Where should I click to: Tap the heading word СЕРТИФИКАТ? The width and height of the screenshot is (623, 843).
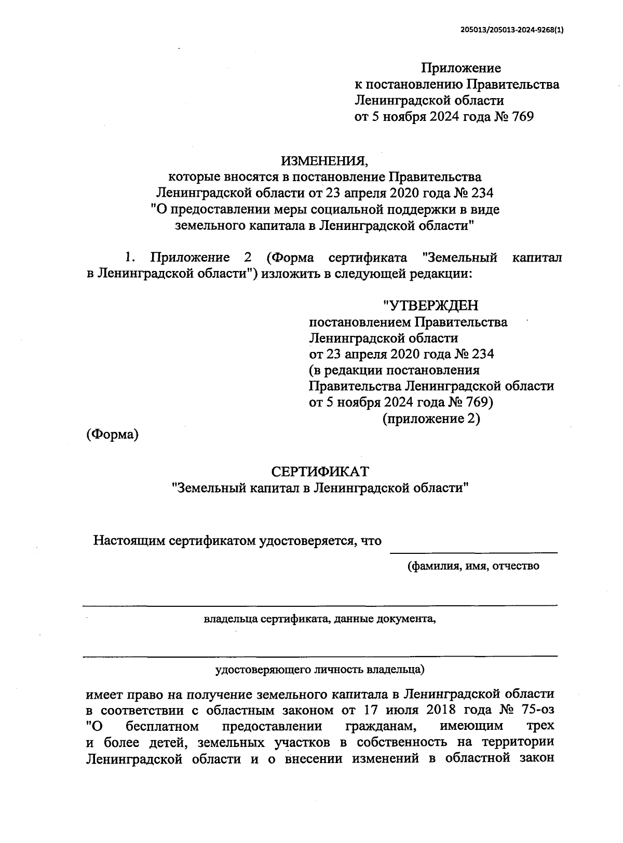click(320, 471)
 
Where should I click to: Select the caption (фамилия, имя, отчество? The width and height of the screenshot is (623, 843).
click(472, 566)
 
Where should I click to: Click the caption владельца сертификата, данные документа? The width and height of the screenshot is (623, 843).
click(320, 619)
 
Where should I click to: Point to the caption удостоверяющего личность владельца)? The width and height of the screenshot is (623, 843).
click(320, 670)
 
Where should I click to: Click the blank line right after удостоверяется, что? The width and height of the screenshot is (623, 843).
click(473, 550)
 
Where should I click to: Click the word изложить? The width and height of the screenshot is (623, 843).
click(285, 274)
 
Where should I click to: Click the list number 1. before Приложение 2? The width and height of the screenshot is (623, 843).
click(129, 257)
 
